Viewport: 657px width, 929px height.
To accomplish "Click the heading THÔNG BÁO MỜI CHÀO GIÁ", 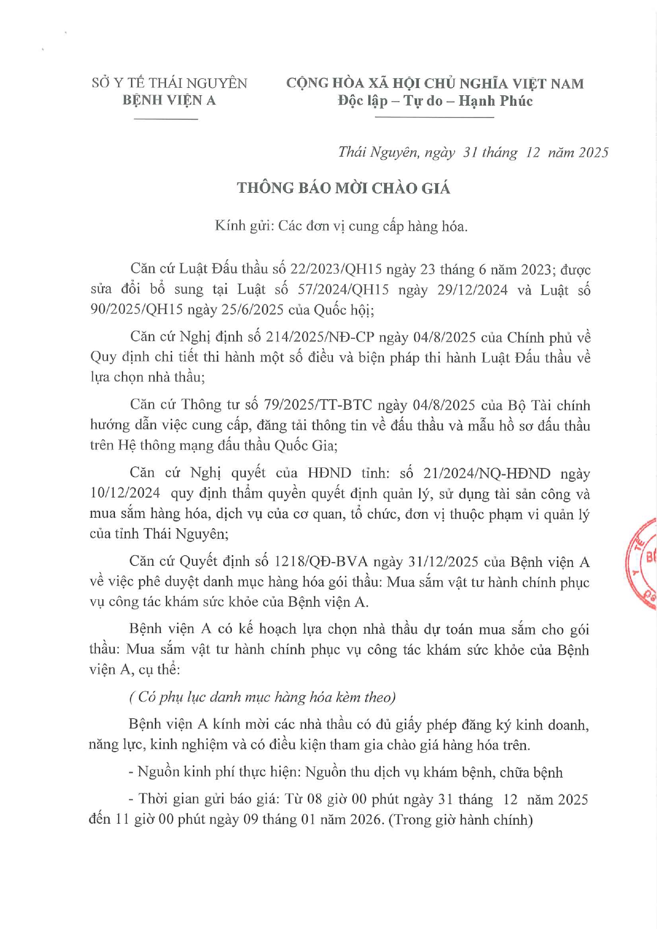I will pos(343,188).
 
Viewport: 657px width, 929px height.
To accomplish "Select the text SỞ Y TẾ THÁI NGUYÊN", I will pos(169,84).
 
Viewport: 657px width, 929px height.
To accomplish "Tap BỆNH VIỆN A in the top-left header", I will pos(169,101).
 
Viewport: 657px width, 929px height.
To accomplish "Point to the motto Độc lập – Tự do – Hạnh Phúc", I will pos(435,101).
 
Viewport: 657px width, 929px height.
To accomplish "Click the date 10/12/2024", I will pos(125,493).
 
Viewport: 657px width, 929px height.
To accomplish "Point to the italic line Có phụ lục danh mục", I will pos(262,697).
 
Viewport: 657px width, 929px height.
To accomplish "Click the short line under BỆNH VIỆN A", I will pos(166,119).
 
